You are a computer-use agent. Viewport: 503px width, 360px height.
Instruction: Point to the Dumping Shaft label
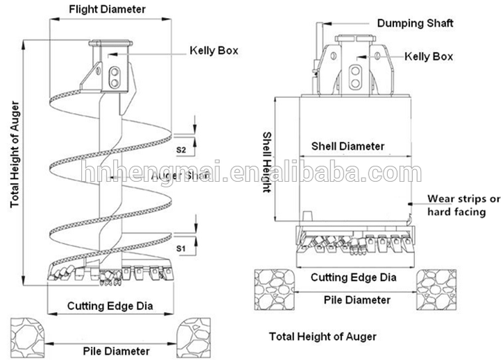coord(415,23)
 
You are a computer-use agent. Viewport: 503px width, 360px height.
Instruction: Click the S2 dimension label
coord(180,149)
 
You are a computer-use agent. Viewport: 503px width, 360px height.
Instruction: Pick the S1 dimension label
coord(180,248)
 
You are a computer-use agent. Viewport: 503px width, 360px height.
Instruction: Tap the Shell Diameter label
coord(348,146)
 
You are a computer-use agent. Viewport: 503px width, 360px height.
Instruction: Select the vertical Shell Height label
coord(266,164)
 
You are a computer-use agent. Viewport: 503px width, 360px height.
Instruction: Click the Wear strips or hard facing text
coord(463,205)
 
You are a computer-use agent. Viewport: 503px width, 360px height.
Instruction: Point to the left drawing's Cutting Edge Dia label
coord(110,306)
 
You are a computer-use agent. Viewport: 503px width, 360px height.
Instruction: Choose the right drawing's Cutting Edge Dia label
coord(353,277)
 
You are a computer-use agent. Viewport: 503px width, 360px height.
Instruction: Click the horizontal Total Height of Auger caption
coord(323,336)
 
